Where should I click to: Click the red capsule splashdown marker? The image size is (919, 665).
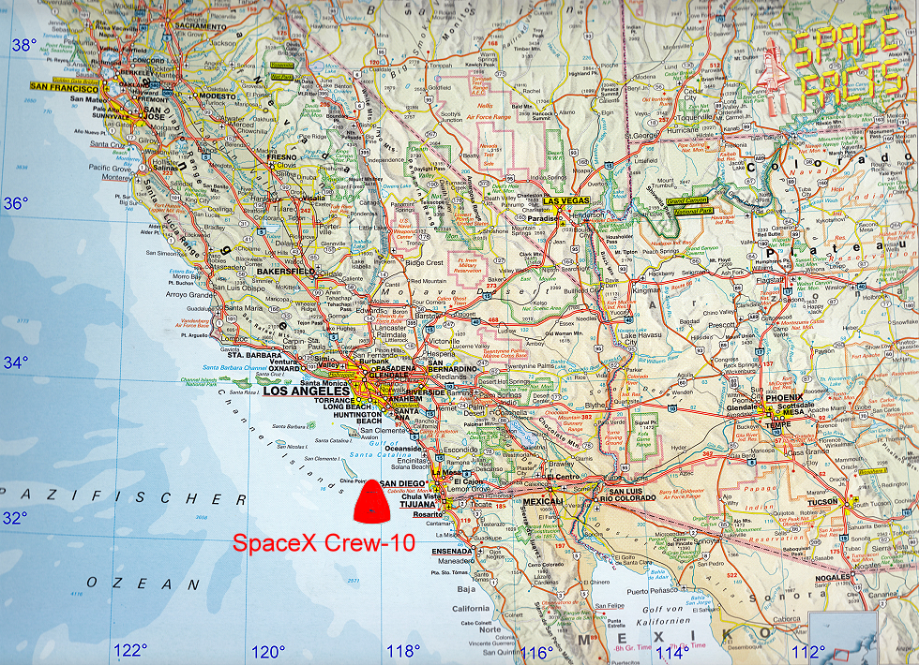(x=372, y=499)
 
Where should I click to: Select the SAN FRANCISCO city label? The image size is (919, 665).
(x=63, y=85)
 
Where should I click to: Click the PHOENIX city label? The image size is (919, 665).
(x=785, y=398)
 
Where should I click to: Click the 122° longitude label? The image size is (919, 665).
(x=130, y=651)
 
